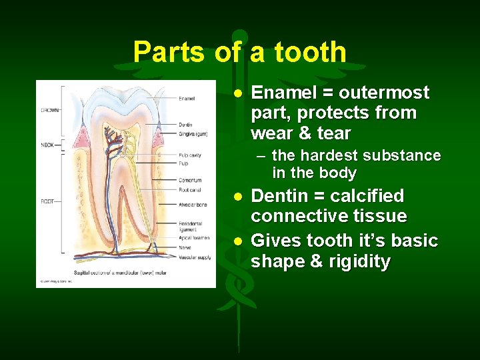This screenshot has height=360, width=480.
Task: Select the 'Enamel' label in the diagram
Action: [187, 99]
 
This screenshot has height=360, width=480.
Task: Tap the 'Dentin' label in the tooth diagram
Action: [186, 125]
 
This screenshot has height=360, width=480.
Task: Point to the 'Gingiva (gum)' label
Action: [193, 133]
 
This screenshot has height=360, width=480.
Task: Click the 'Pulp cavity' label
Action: [190, 155]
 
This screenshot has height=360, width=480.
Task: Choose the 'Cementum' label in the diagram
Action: [190, 180]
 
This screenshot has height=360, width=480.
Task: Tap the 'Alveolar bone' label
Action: [192, 205]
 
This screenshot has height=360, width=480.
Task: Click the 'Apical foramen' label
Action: [193, 237]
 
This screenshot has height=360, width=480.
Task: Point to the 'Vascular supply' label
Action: [194, 255]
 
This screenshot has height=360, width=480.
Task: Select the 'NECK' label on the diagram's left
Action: [47, 144]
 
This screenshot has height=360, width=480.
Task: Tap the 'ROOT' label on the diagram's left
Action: [47, 201]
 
